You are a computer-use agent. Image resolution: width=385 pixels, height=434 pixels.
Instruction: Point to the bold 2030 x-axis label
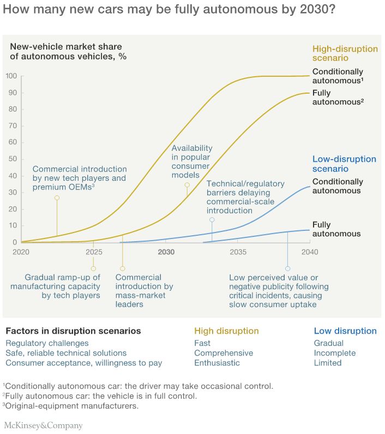click(x=166, y=253)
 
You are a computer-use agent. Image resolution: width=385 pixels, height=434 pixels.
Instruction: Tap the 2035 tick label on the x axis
click(x=238, y=253)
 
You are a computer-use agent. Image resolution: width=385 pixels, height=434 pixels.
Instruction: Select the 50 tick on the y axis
click(x=12, y=159)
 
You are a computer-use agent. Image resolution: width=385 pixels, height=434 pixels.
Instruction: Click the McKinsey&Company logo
click(x=44, y=425)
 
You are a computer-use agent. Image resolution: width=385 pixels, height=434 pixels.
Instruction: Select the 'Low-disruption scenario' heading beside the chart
click(x=344, y=164)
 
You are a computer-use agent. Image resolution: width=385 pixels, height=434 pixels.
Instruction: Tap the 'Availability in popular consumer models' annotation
click(x=192, y=162)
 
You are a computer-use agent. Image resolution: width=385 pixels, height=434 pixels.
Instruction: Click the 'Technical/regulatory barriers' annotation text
click(x=245, y=197)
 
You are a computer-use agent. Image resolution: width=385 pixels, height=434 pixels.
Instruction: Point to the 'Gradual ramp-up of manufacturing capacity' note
click(x=63, y=286)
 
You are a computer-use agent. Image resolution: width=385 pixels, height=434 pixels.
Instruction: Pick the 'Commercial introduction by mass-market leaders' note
click(x=145, y=291)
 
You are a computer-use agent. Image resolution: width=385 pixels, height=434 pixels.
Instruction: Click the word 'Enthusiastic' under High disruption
click(x=216, y=363)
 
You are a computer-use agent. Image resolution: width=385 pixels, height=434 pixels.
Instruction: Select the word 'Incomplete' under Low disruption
click(x=334, y=353)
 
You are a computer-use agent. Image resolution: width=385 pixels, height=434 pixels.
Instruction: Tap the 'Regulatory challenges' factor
click(x=47, y=343)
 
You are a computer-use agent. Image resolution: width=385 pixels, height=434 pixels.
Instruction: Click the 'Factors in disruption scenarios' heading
click(x=73, y=331)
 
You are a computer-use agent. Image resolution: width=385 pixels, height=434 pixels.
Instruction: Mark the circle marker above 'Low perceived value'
click(x=287, y=268)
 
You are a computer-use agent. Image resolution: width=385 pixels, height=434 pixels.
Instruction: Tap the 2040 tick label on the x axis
click(x=310, y=253)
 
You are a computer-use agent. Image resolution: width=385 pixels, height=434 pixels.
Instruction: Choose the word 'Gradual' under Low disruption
click(x=329, y=343)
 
